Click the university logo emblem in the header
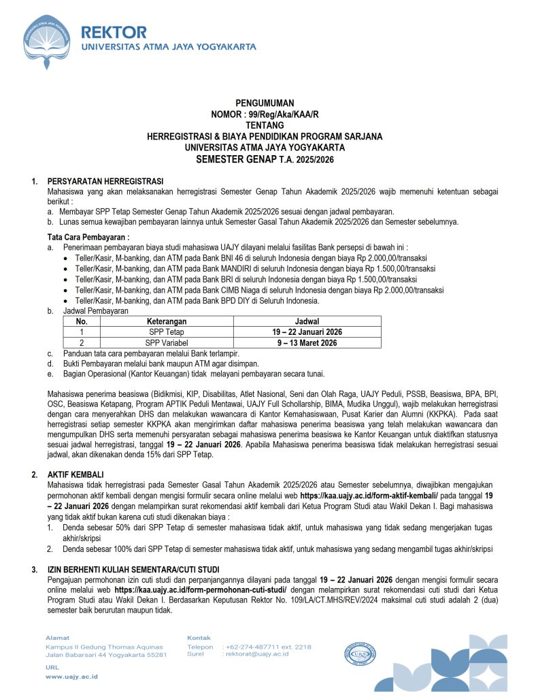[49, 39]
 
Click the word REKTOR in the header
[114, 32]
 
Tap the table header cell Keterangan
[167, 321]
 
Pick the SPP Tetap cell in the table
[167, 332]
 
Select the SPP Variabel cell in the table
[167, 342]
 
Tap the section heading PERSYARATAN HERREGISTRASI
[105, 181]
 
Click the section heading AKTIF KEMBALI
[76, 474]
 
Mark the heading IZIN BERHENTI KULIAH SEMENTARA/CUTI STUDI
[133, 568]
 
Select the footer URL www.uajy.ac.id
[72, 677]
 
